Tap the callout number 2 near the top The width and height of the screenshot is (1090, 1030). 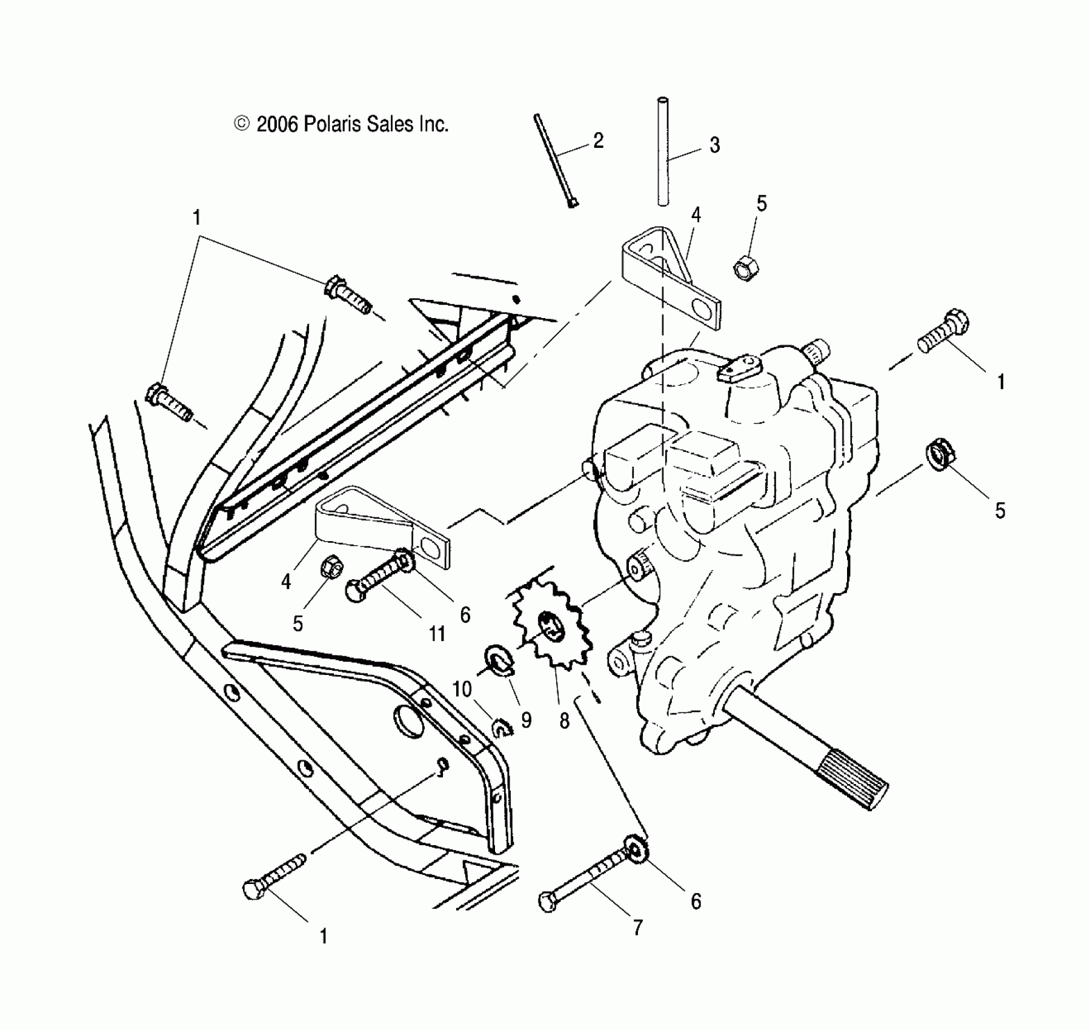tap(598, 141)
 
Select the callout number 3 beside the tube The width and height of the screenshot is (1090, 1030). tap(714, 145)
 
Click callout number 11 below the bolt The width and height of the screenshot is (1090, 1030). tap(437, 634)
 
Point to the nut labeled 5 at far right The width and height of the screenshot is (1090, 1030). tap(939, 454)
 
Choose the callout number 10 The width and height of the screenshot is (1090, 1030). tap(462, 689)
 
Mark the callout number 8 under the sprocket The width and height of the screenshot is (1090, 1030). tap(564, 720)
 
